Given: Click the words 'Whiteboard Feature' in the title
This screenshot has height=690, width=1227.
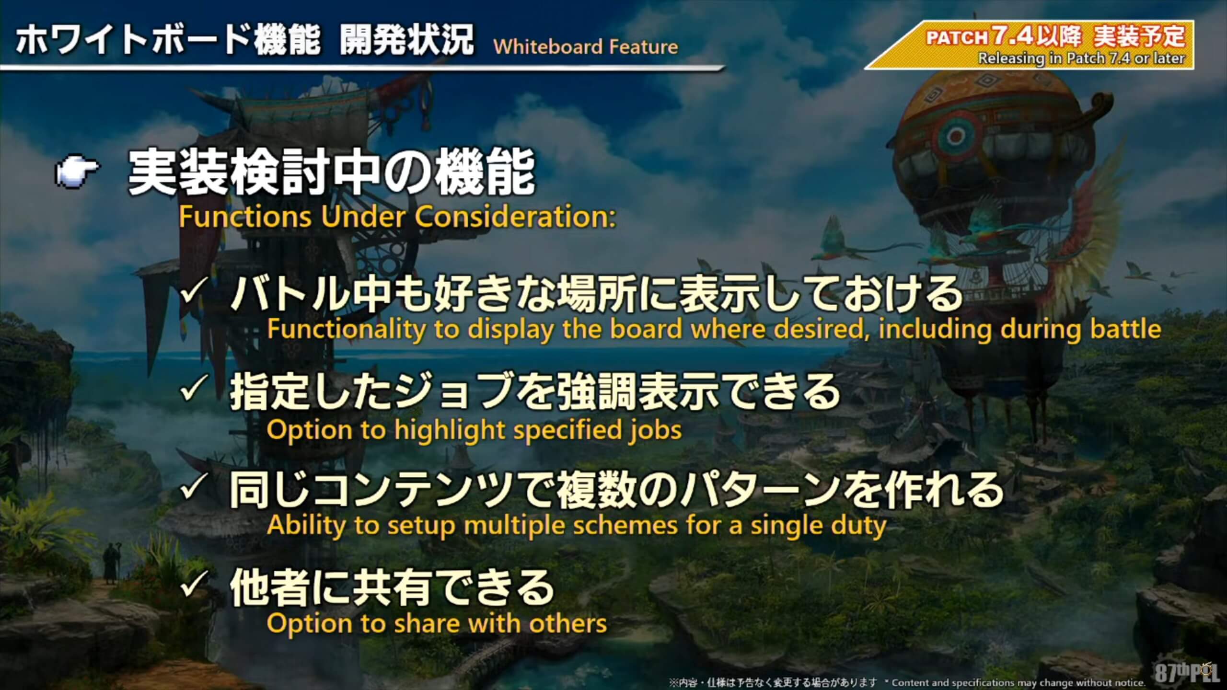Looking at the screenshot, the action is [x=586, y=47].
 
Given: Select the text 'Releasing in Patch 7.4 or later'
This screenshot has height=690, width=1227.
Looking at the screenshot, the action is [x=1081, y=58].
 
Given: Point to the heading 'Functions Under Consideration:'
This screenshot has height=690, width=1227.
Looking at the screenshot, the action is [x=397, y=217].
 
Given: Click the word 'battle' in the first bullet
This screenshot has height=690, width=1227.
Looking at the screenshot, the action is [x=1125, y=329].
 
